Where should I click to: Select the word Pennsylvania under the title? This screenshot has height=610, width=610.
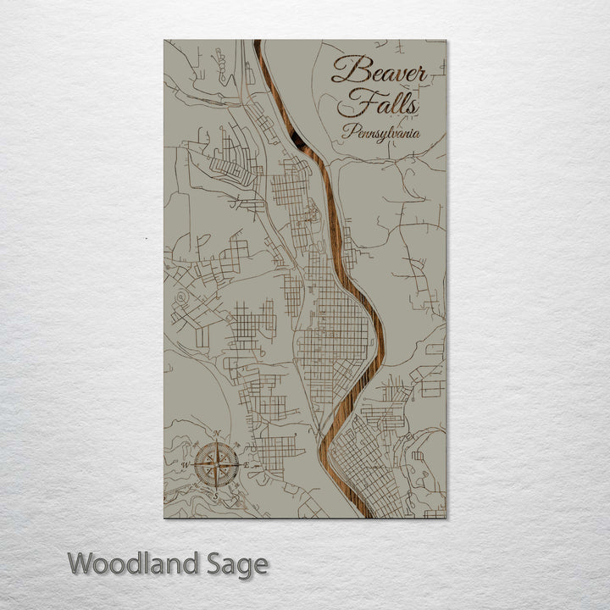tap(380, 133)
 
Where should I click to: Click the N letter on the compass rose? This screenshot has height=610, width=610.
tap(217, 435)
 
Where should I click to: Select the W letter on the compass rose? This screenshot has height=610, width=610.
tap(186, 465)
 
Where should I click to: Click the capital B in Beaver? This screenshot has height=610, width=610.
tap(344, 71)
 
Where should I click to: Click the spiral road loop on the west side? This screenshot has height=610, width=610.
tap(181, 298)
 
